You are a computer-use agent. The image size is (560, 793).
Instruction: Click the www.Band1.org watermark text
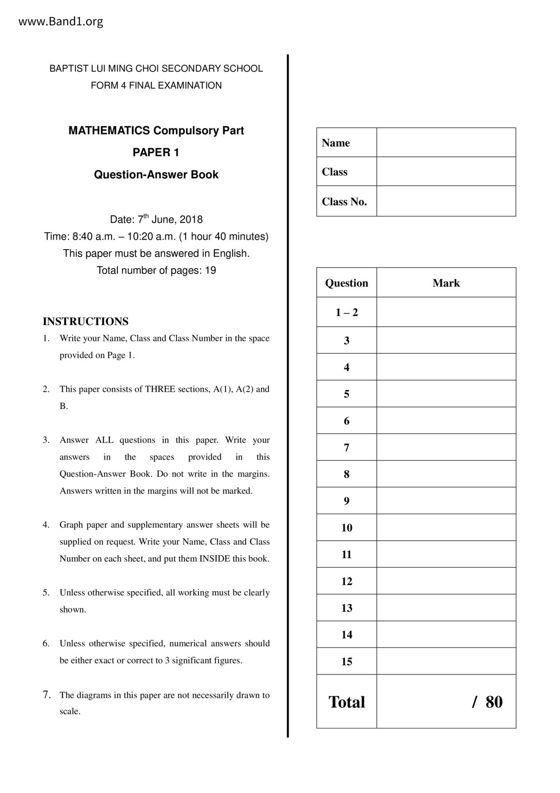pos(61,22)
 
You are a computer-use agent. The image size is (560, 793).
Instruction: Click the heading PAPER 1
pos(156,153)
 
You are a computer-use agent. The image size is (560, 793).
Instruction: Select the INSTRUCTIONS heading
pos(85,321)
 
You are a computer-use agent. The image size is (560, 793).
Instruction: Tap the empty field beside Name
pos(446,142)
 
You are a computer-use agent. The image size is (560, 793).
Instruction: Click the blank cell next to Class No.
pos(446,201)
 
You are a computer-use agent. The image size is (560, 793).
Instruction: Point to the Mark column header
pos(446,283)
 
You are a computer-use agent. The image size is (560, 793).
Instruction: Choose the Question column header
pos(346,283)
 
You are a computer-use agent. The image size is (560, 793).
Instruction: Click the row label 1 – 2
pos(346,312)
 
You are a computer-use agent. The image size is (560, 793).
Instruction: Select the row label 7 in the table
pos(346,448)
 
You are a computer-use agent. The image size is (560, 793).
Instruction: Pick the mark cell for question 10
pos(446,528)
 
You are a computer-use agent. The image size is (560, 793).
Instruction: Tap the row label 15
pos(346,661)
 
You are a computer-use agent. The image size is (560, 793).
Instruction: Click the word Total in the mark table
pos(346,702)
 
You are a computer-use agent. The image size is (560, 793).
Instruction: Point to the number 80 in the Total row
pos(494,702)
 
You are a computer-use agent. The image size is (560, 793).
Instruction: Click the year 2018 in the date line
pos(191,220)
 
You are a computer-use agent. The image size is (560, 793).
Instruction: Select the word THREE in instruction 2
pos(160,389)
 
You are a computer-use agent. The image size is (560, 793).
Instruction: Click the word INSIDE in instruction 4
pos(215,559)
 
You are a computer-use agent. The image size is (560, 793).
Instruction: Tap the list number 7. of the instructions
pos(47,695)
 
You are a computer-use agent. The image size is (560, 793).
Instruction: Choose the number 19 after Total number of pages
pos(210,270)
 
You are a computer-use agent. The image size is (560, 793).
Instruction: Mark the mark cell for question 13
pos(446,608)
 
